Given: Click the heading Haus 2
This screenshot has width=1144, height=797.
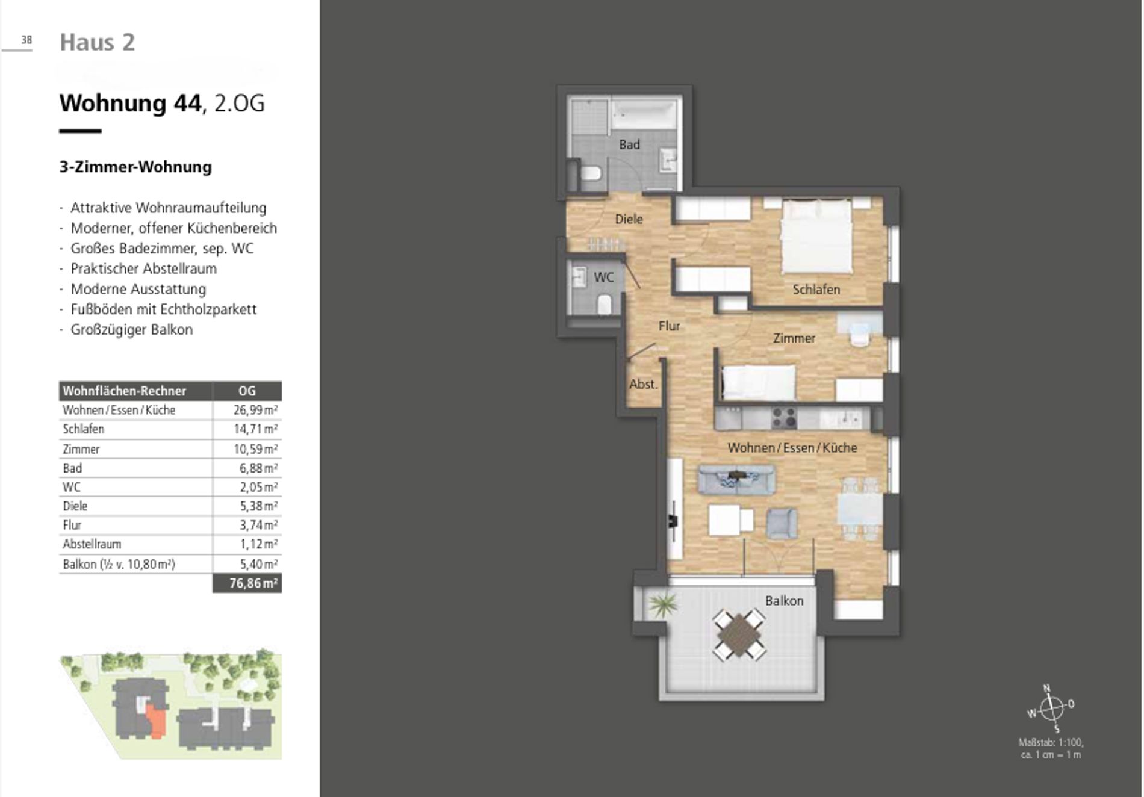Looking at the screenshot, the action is tap(98, 42).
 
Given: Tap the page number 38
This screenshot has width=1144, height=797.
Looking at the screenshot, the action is tap(26, 40).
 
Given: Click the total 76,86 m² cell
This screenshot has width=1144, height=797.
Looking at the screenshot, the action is tap(247, 583).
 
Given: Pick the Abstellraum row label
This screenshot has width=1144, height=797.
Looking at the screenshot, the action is tap(92, 544).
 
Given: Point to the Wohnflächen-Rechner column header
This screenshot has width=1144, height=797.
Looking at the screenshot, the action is tap(125, 391).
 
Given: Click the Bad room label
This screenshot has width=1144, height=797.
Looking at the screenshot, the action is tap(629, 144).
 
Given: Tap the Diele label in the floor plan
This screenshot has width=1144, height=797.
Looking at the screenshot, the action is tap(629, 219).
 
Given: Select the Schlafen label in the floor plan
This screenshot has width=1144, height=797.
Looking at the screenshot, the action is tap(816, 290).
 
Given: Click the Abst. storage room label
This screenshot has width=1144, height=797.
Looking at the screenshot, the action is tap(643, 384).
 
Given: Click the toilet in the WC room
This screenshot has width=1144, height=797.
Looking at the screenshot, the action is tap(605, 304).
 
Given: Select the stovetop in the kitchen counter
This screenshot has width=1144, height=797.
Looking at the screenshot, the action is tap(784, 417).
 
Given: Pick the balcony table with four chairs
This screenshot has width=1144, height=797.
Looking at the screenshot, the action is tap(739, 635).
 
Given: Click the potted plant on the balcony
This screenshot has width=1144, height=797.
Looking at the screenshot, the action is tap(662, 603).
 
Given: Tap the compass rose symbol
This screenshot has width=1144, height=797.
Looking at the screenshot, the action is tap(1051, 708).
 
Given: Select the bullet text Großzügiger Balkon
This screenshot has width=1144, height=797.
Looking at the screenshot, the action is tap(132, 330).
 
